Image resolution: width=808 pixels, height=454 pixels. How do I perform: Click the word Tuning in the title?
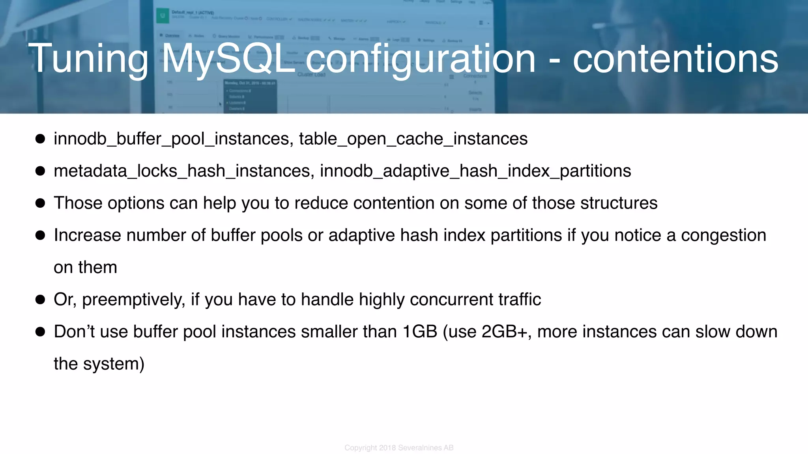pos(88,59)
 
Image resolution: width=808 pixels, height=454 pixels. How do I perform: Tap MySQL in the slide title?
pos(228,59)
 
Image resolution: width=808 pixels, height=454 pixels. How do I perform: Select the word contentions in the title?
pos(675,59)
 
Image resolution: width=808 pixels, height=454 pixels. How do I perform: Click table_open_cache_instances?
pos(413,139)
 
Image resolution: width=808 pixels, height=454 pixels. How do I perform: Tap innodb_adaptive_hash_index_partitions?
pos(475,171)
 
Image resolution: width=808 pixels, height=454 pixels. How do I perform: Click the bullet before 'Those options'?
pos(40,203)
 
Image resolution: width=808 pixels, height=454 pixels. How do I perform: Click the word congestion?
pos(723,235)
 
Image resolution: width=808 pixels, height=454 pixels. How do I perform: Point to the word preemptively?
pos(134,300)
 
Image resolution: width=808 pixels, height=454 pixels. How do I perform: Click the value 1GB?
pos(420,331)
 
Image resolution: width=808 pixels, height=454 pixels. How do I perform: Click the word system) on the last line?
pos(114,364)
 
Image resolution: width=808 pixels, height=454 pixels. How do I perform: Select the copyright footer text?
pos(399,448)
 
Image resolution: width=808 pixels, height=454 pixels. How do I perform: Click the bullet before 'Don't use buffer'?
pos(40,332)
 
